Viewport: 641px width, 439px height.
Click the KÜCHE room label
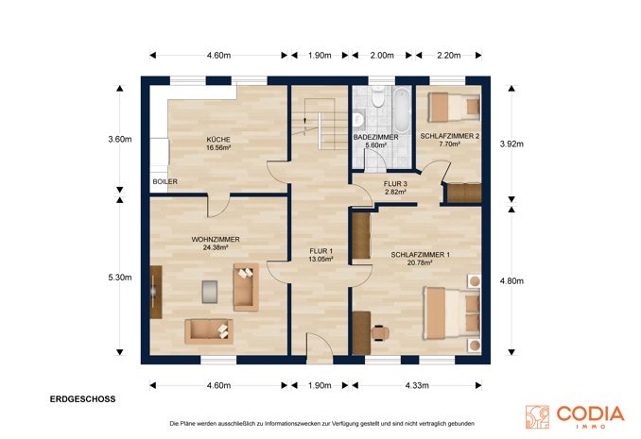218,140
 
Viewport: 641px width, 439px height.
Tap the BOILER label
165,181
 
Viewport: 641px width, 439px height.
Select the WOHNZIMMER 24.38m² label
216,244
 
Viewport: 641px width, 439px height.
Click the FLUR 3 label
395,184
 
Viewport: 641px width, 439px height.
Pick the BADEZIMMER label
375,137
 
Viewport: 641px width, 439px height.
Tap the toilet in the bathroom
378,97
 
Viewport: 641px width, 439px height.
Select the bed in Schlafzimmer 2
454,107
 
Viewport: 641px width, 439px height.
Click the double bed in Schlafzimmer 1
451,313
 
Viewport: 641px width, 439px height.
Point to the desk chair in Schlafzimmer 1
380,332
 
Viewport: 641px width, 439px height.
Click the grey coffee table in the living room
210,292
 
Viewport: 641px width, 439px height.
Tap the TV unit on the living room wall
156,292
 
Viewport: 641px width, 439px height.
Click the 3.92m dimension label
511,144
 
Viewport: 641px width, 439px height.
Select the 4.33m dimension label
417,385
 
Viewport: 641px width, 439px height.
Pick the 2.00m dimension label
382,55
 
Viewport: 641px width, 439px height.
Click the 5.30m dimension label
120,278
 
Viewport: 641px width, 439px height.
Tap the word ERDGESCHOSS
82,399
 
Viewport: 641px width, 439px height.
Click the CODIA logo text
590,414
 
